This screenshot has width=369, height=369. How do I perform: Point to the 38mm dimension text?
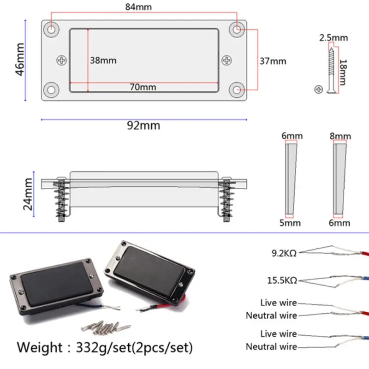point(103,60)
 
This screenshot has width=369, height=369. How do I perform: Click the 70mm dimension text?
point(143,87)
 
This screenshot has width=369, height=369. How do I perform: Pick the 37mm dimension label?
point(273,61)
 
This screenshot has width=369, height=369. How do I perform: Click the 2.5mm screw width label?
point(333,38)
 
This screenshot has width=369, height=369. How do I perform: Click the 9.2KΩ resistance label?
point(284,252)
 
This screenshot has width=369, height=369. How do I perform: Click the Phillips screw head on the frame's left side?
point(62,60)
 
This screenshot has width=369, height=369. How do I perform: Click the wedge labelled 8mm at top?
point(339,180)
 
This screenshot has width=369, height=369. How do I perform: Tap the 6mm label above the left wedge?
point(292,136)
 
